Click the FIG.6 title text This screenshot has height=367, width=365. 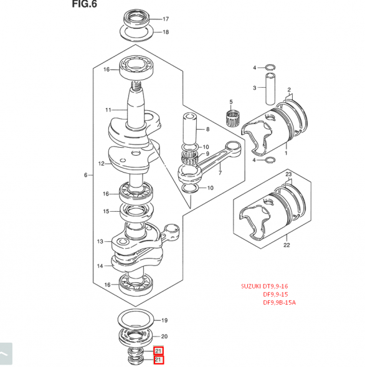[x=84, y=4]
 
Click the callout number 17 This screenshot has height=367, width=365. [x=166, y=19]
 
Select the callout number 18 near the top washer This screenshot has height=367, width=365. [x=166, y=32]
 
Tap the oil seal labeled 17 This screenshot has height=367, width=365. [x=136, y=19]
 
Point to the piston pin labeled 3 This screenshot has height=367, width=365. [x=270, y=88]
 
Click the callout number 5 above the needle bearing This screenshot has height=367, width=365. [x=231, y=102]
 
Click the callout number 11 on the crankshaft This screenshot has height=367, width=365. [x=108, y=110]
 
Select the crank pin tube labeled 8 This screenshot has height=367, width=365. [x=190, y=129]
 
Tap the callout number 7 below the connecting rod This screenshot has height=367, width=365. [x=220, y=173]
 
